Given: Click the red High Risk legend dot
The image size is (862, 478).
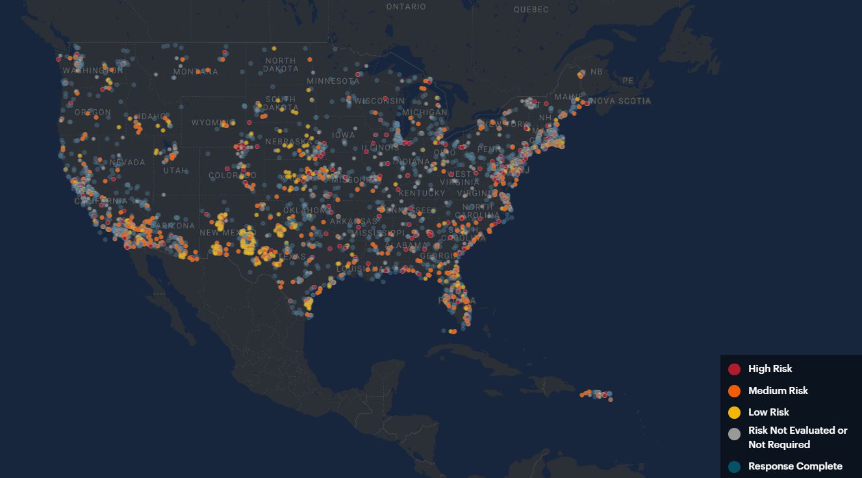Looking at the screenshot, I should click(734, 369).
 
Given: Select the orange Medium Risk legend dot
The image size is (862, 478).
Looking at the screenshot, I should click(734, 391).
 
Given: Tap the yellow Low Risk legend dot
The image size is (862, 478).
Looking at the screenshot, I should click(734, 412).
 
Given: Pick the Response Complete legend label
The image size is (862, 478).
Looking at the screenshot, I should click(795, 466).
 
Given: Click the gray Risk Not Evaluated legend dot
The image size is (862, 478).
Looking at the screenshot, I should click(734, 434).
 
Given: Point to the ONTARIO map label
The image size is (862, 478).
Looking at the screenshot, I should click(406, 7).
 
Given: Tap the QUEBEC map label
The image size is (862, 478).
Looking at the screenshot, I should click(531, 10).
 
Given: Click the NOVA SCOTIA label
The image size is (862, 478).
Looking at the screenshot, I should click(620, 101).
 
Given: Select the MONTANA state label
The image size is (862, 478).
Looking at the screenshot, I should click(196, 72).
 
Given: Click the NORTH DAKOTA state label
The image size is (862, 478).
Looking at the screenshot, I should click(281, 64).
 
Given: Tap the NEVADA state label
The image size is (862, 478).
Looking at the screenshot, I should click(127, 163).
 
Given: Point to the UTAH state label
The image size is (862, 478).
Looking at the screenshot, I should click(175, 170).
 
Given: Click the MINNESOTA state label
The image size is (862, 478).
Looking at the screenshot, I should click(333, 81).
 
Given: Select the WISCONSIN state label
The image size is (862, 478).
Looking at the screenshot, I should click(379, 101).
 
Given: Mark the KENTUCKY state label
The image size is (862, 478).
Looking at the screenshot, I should click(422, 193).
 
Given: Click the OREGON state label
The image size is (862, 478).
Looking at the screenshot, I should click(93, 113).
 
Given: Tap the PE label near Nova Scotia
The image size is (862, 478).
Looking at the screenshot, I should click(627, 81).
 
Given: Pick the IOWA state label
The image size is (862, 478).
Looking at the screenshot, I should click(344, 135).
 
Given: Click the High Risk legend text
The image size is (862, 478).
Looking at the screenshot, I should click(770, 369).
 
